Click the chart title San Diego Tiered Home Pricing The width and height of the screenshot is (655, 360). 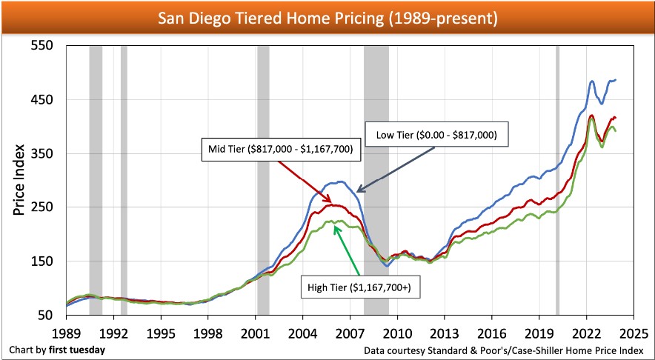click(x=327, y=16)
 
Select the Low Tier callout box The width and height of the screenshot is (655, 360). click(x=436, y=136)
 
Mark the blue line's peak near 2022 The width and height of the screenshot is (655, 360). click(x=591, y=81)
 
